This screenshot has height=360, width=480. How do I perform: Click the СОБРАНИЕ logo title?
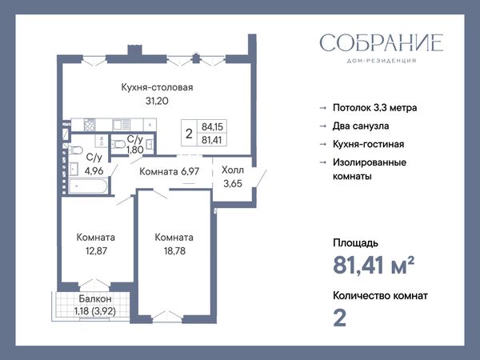382,43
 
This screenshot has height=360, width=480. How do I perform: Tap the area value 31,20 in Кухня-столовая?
157,101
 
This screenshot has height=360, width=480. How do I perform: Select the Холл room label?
233,170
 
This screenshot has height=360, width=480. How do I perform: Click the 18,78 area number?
174,251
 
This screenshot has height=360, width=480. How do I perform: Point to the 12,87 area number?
96,251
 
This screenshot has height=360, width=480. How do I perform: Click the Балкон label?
95,298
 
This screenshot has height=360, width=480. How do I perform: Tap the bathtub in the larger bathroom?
88,186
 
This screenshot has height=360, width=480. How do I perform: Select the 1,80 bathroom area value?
134,150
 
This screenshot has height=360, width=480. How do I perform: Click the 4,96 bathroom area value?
94,171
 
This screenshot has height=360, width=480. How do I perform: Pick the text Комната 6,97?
170,171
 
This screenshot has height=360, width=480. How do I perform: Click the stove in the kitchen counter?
90,126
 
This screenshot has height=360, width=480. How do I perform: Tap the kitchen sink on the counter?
122,125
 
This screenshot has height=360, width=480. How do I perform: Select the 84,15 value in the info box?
212,126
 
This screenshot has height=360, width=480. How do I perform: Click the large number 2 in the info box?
189,134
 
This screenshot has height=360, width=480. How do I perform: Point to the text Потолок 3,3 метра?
374,108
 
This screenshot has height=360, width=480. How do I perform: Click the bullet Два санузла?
361,126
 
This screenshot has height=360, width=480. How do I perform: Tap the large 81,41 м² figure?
374,265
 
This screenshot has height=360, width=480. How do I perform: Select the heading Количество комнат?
380,296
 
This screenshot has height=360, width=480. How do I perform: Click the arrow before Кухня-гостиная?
323,144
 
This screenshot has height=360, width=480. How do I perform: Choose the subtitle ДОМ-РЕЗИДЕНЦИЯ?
382,61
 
